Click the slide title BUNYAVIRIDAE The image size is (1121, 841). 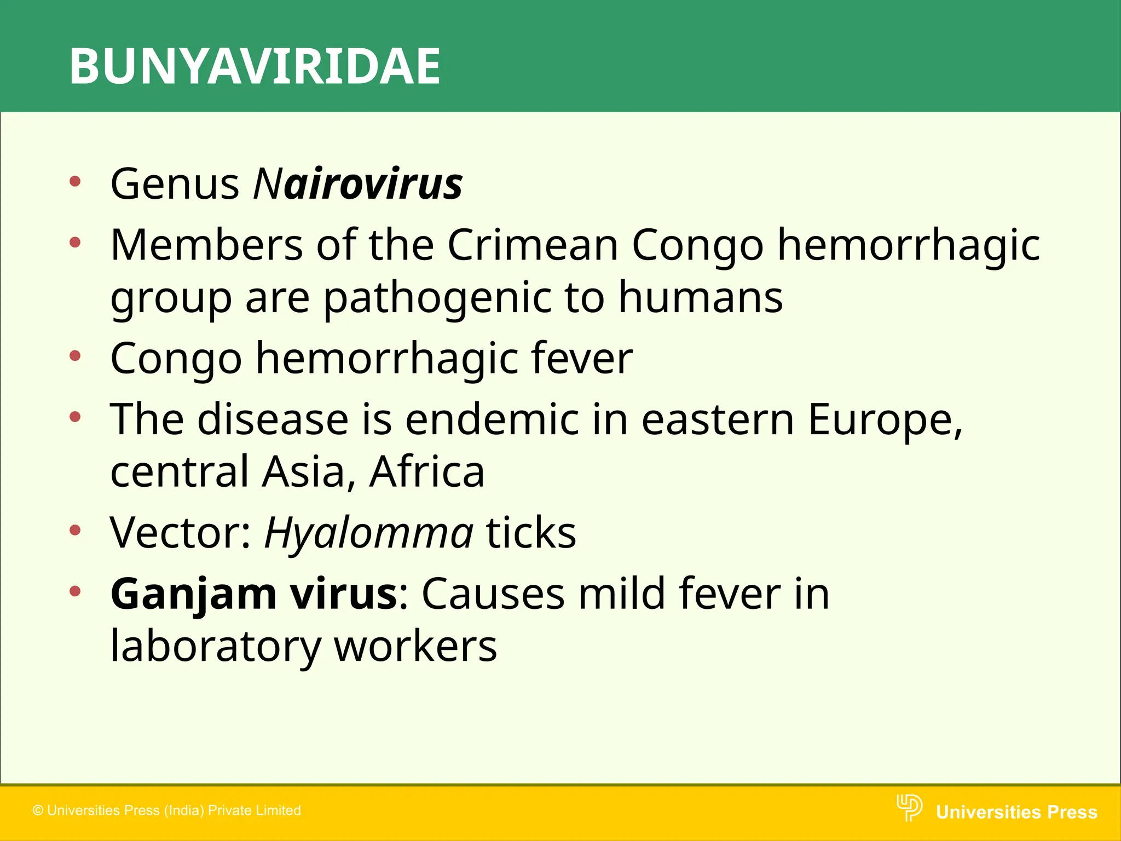click(x=255, y=66)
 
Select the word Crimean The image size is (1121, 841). click(x=533, y=244)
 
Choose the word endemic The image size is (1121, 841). click(x=491, y=419)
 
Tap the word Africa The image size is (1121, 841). click(x=427, y=471)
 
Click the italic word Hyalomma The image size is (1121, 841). click(x=368, y=533)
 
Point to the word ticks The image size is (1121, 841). click(x=531, y=532)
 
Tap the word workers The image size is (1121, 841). click(x=415, y=647)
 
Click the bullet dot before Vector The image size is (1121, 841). click(x=76, y=530)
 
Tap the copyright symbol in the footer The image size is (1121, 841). click(x=38, y=810)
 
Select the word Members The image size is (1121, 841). click(x=206, y=244)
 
